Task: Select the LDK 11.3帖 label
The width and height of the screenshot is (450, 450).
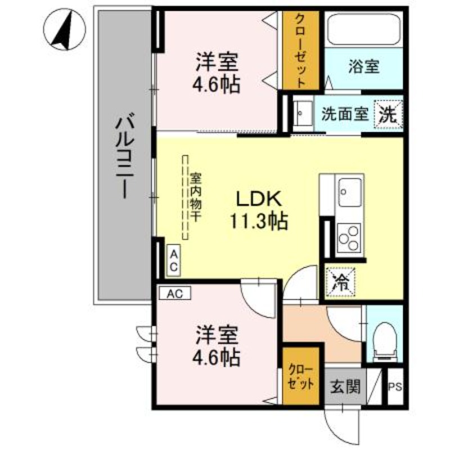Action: [x=258, y=210]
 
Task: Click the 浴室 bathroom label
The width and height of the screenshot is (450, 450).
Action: [x=363, y=67]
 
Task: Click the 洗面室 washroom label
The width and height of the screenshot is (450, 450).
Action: [x=344, y=114]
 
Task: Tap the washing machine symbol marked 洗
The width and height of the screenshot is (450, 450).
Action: [x=389, y=115]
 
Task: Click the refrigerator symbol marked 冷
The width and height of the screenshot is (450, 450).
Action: [x=341, y=281]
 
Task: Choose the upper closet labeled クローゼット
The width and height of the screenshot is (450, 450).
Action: [x=301, y=51]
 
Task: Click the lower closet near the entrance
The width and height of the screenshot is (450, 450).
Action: [x=301, y=378]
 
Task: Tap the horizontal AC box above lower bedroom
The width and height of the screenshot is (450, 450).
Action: [x=175, y=292]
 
